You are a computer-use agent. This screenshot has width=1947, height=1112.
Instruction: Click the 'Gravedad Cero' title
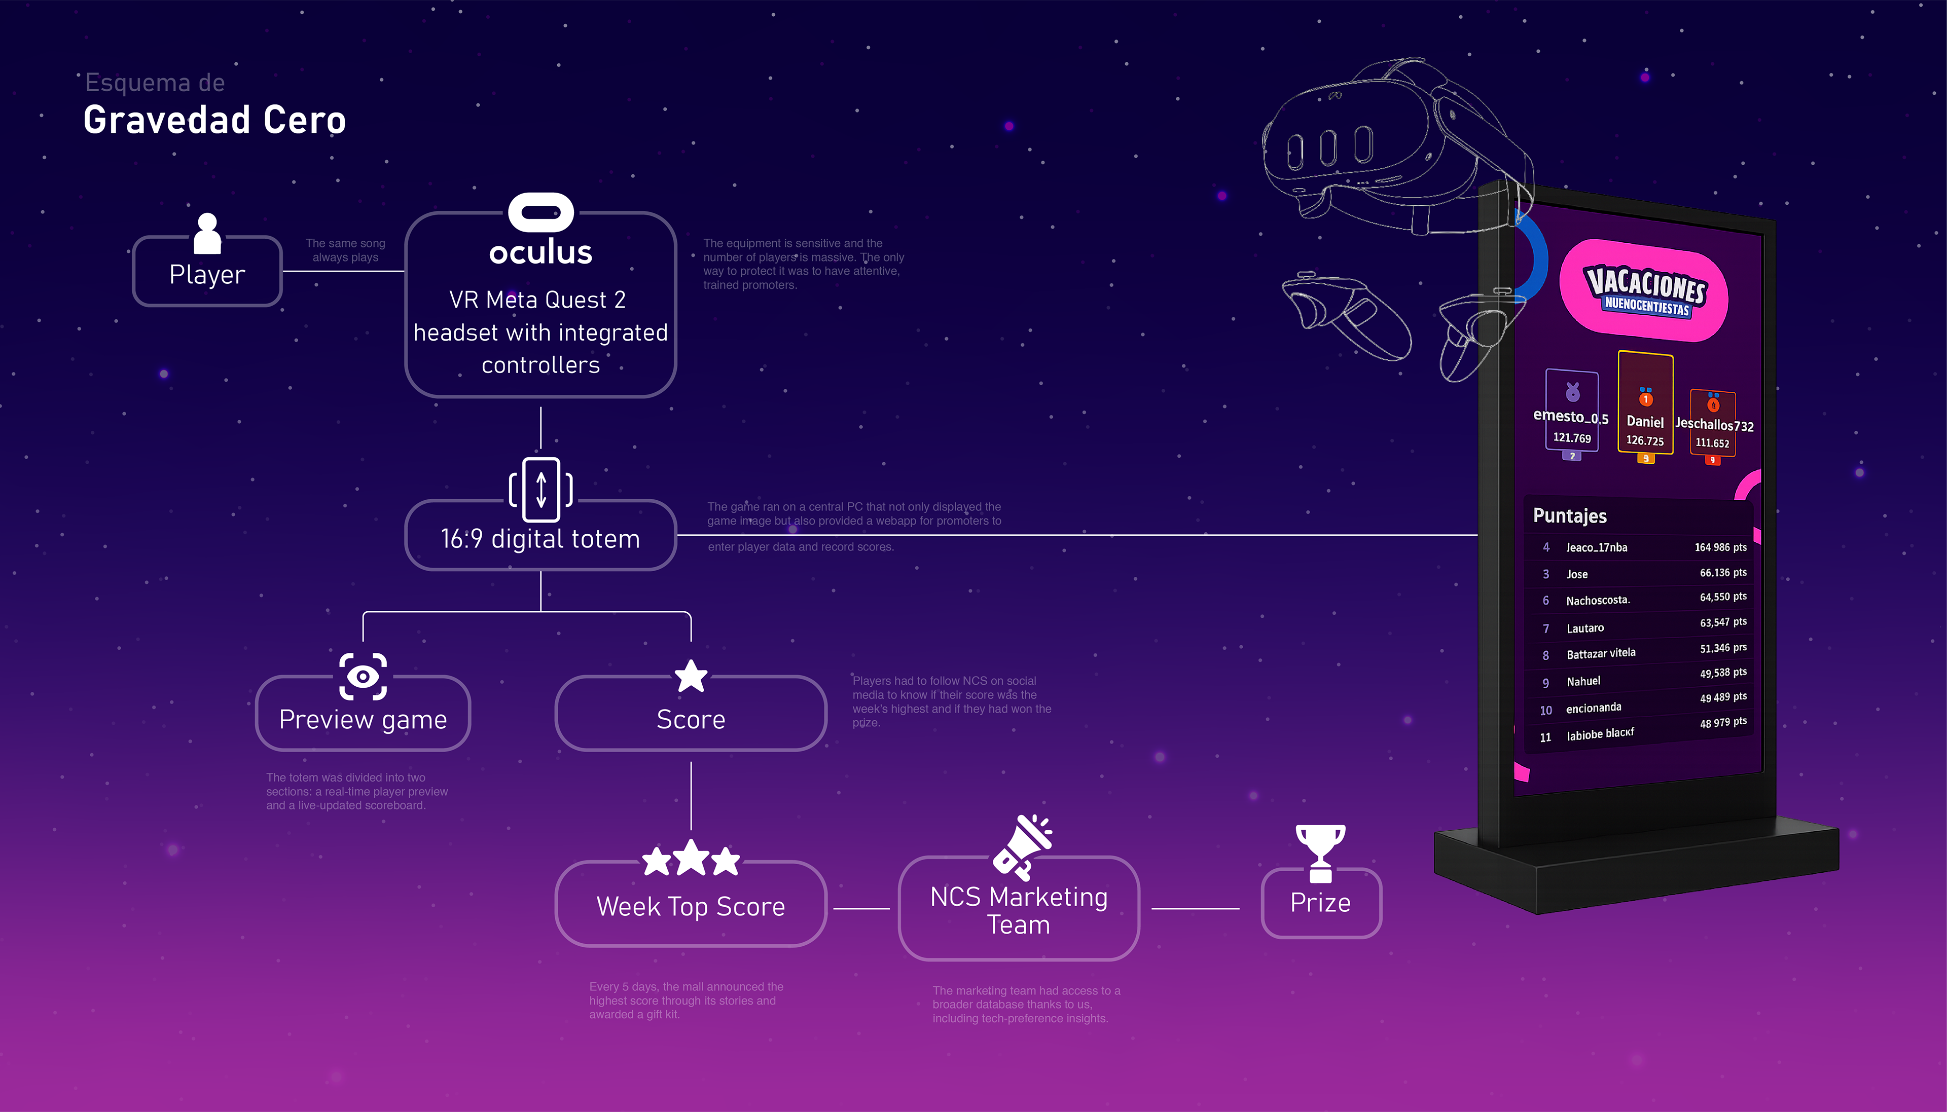pos(214,120)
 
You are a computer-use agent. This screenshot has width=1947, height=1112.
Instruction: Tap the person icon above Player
pos(207,233)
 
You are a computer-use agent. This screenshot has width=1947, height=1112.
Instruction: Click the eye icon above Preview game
pos(363,676)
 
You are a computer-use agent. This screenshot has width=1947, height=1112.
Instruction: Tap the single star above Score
pos(691,676)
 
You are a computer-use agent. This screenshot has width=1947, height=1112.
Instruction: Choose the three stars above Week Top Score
pos(691,859)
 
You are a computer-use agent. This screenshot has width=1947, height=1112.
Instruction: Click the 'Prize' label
pos(1320,903)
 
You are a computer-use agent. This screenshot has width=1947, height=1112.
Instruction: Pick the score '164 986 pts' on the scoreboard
pos(1720,547)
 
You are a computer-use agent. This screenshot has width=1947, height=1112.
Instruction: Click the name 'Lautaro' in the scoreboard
pos(1585,628)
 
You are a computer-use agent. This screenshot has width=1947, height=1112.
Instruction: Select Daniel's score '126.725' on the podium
pos(1644,440)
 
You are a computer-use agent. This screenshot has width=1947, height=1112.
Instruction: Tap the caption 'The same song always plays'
pos(345,250)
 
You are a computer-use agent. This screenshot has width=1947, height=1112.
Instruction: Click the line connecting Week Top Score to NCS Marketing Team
pos(861,909)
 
